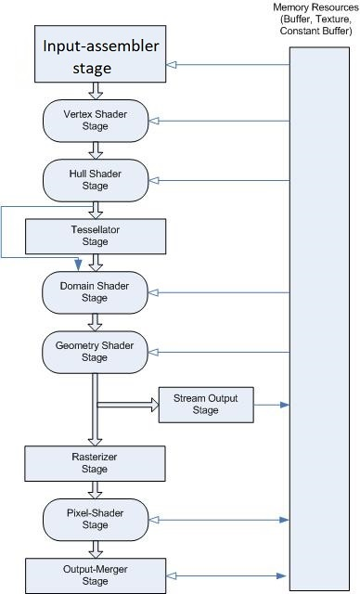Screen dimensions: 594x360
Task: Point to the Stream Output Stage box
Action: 205,404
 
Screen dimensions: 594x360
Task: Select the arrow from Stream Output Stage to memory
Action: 270,406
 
